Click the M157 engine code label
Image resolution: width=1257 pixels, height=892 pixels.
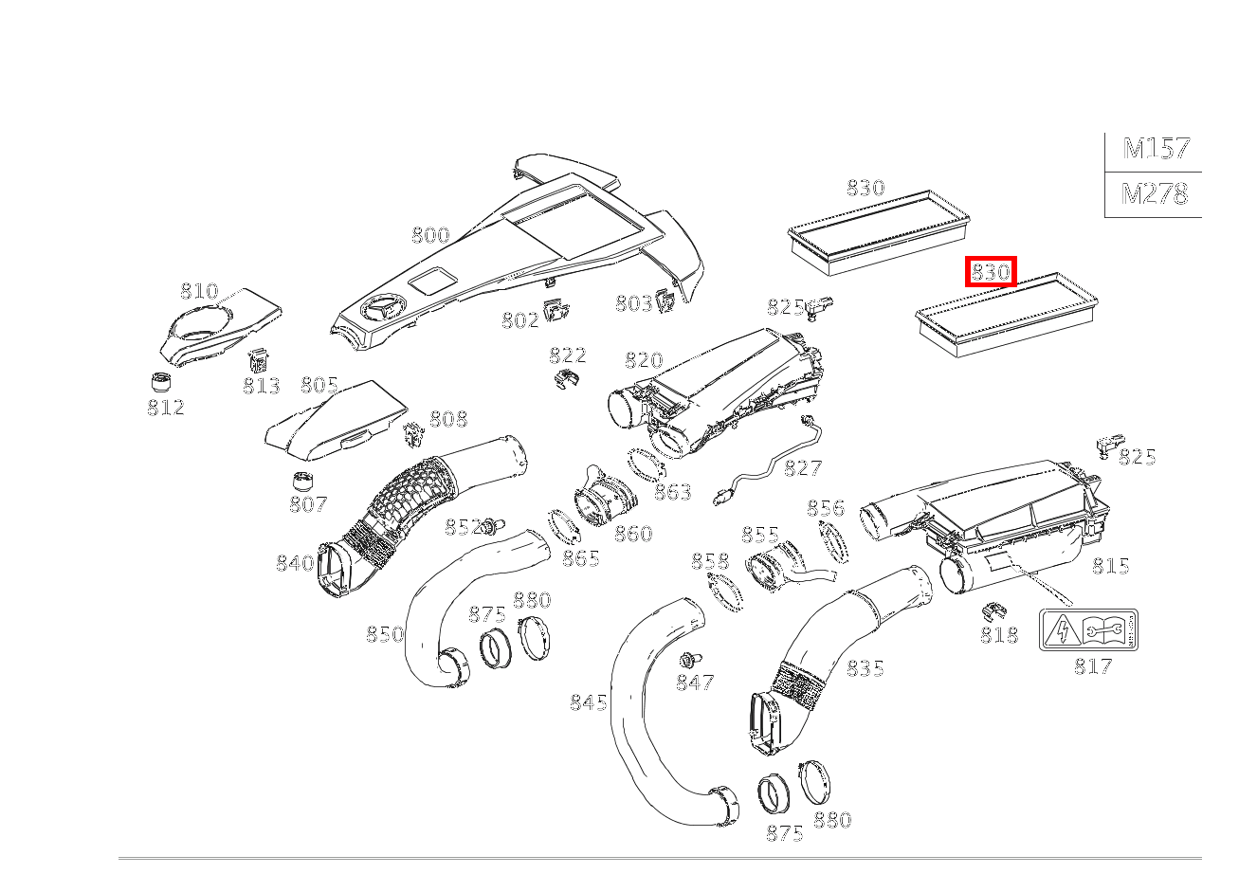pyautogui.click(x=1155, y=149)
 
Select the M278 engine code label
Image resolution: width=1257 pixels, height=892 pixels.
pyautogui.click(x=1154, y=194)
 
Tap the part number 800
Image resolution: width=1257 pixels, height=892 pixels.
pyautogui.click(x=430, y=235)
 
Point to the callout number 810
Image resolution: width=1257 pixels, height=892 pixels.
pyautogui.click(x=199, y=291)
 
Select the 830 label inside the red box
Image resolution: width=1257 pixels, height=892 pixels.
pyautogui.click(x=991, y=272)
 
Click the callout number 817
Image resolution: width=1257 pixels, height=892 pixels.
pyautogui.click(x=1092, y=666)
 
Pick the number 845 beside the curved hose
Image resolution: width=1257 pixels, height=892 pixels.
pyautogui.click(x=588, y=702)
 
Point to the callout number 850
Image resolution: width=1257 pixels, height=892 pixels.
pyautogui.click(x=385, y=634)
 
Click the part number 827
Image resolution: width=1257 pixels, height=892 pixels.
pyautogui.click(x=802, y=467)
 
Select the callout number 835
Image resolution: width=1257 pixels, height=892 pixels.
pyautogui.click(x=865, y=668)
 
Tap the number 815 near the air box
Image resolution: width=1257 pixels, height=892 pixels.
pyautogui.click(x=1110, y=566)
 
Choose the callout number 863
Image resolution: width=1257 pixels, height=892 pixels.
pyautogui.click(x=672, y=492)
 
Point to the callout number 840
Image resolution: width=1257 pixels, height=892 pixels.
pyautogui.click(x=294, y=564)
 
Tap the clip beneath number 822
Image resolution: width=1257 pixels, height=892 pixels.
pyautogui.click(x=565, y=380)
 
